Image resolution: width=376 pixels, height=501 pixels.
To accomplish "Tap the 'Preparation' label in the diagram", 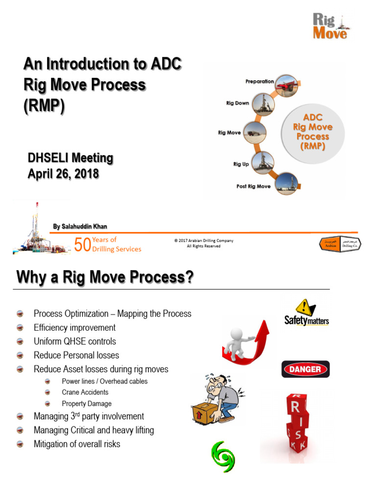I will (259, 81).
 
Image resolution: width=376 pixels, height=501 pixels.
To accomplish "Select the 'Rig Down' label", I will (237, 103).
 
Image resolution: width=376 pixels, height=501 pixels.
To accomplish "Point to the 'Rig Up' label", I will (240, 164).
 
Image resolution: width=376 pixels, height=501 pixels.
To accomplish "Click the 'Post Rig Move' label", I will (254, 186).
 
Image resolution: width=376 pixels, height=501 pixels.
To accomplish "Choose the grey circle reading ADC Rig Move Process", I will (312, 132).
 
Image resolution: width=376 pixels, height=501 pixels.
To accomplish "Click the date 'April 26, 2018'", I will (63, 173).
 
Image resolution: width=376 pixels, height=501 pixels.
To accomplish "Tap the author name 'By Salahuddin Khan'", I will (80, 226).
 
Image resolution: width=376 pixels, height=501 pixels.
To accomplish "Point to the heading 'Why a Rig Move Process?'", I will (105, 278).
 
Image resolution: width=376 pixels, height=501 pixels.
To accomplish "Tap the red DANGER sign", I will (305, 369).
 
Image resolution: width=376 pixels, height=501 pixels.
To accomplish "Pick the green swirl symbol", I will (223, 456).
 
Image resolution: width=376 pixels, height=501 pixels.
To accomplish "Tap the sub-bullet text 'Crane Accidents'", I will (85, 392).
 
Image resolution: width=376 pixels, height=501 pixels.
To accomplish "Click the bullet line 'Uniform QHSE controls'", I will (75, 342).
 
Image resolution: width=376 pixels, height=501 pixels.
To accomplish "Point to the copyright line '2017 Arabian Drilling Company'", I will (204, 241).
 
